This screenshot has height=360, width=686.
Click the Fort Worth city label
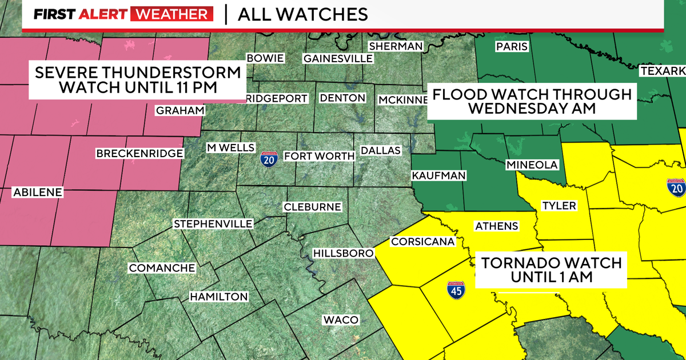point(313,156)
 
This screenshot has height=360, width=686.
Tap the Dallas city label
point(381,151)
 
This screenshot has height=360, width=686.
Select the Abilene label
point(37,193)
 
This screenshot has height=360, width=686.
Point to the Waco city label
point(341,319)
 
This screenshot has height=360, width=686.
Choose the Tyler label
point(559,206)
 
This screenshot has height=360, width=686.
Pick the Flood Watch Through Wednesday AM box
point(532,102)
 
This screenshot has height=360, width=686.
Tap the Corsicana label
point(422,242)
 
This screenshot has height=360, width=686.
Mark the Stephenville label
point(213,223)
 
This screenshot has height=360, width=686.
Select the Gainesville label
point(338,58)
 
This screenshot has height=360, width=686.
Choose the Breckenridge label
point(139,154)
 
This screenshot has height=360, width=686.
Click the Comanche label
point(162,268)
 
